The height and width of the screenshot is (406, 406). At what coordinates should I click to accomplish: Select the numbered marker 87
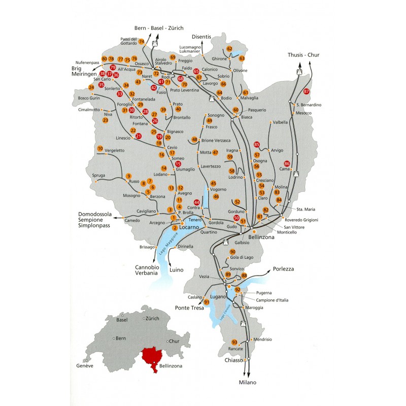click(x=306, y=91)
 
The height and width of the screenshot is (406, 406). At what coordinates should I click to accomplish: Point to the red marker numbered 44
click(x=197, y=203)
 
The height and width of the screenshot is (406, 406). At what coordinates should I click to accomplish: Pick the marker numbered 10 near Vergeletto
click(x=100, y=148)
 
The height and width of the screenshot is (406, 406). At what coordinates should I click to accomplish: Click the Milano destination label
click(x=248, y=382)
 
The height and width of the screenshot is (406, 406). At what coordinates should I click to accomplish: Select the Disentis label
click(x=201, y=37)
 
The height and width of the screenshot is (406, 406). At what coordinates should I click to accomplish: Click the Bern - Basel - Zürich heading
click(x=159, y=28)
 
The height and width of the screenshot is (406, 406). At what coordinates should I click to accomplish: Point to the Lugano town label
click(x=218, y=296)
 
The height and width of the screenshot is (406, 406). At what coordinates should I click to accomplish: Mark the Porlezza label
click(x=284, y=269)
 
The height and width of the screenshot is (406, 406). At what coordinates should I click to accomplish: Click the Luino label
click(x=176, y=269)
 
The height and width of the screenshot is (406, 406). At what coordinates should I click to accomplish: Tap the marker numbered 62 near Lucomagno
click(x=229, y=49)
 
